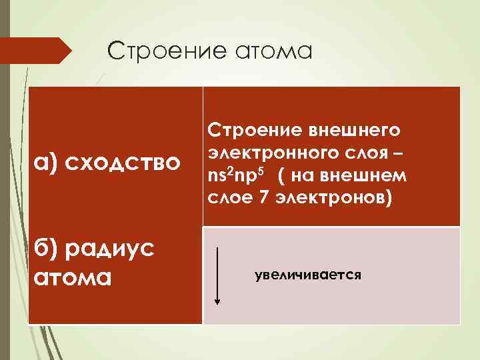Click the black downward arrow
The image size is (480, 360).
[x=217, y=273]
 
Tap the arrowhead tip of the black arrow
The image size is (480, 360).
[x=217, y=303]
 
